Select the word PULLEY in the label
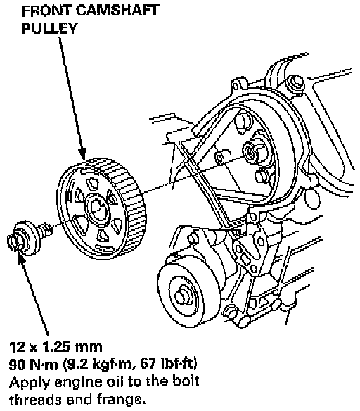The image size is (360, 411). [x=50, y=28]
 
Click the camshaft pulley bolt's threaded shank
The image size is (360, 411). [x=45, y=229]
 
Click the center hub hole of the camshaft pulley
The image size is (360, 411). [x=98, y=209]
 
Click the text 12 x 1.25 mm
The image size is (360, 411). [x=56, y=347]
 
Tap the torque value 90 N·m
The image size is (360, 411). [x=33, y=364]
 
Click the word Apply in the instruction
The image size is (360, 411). [x=29, y=383]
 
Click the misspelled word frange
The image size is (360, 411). [x=121, y=400]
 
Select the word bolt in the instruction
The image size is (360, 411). [x=186, y=381]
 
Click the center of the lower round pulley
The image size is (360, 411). [x=183, y=297]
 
